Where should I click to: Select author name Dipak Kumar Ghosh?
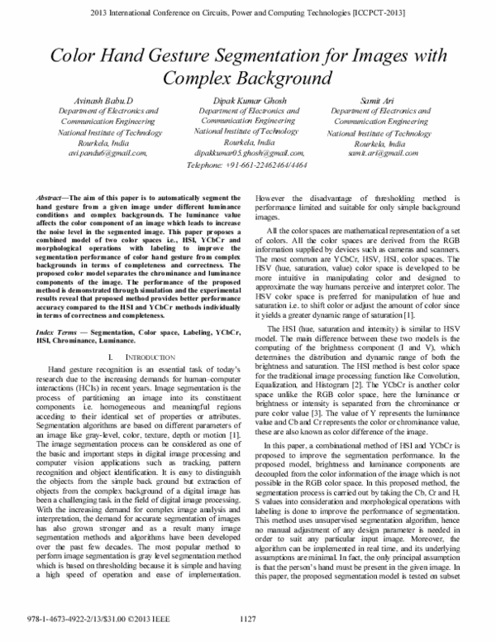(x=246, y=99)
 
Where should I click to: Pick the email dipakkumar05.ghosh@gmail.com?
(x=246, y=153)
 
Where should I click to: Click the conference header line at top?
(x=248, y=14)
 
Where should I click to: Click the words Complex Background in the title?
(x=248, y=80)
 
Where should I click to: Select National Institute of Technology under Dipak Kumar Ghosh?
(x=246, y=131)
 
